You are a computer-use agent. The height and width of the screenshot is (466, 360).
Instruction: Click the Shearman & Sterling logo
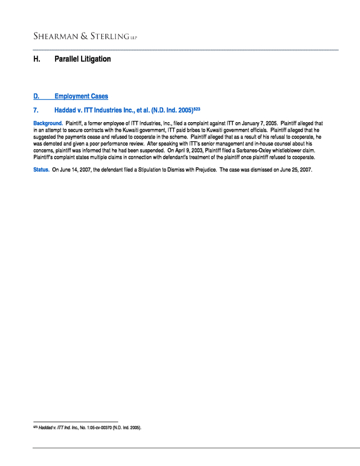84,36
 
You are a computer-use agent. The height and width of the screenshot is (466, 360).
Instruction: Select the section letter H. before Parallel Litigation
37,59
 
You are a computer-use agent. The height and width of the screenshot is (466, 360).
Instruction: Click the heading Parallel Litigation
83,59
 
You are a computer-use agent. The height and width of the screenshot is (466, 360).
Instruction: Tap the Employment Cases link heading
81,96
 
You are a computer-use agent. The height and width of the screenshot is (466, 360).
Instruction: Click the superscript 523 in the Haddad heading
197,108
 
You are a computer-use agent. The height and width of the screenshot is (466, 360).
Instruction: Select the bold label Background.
47,123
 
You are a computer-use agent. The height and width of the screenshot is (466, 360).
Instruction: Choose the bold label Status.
41,169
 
